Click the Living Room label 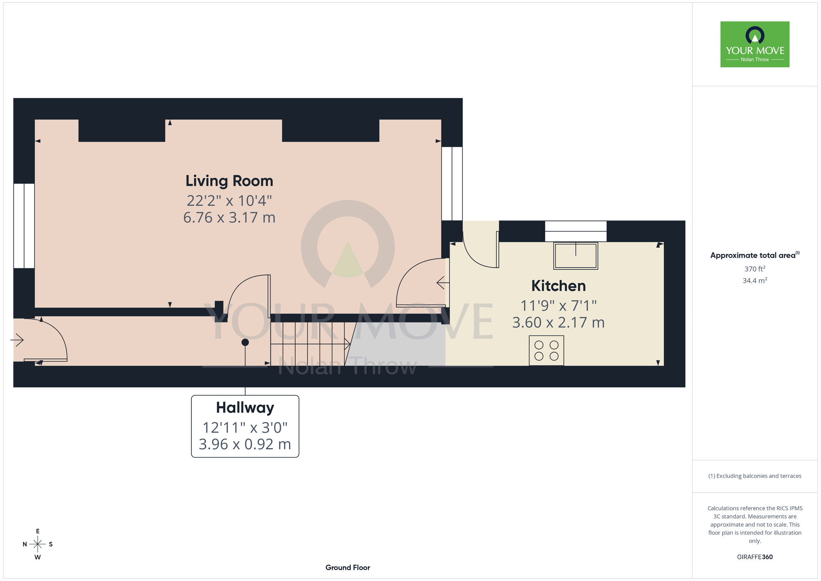click(229, 181)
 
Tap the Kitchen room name click(558, 286)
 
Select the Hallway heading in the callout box click(245, 408)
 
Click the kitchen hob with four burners click(546, 350)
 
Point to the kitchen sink click(576, 256)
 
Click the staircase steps click(307, 344)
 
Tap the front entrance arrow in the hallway click(17, 340)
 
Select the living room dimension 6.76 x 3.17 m click(229, 217)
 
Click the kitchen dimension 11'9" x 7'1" click(558, 306)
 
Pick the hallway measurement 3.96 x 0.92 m click(245, 444)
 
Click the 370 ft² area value click(755, 269)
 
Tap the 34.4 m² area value click(755, 281)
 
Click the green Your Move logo click(755, 44)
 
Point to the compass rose click(37, 544)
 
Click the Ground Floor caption click(348, 567)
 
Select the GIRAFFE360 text click(755, 557)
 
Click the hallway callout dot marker click(245, 342)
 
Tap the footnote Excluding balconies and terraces click(755, 476)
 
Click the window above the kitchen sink click(576, 231)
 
